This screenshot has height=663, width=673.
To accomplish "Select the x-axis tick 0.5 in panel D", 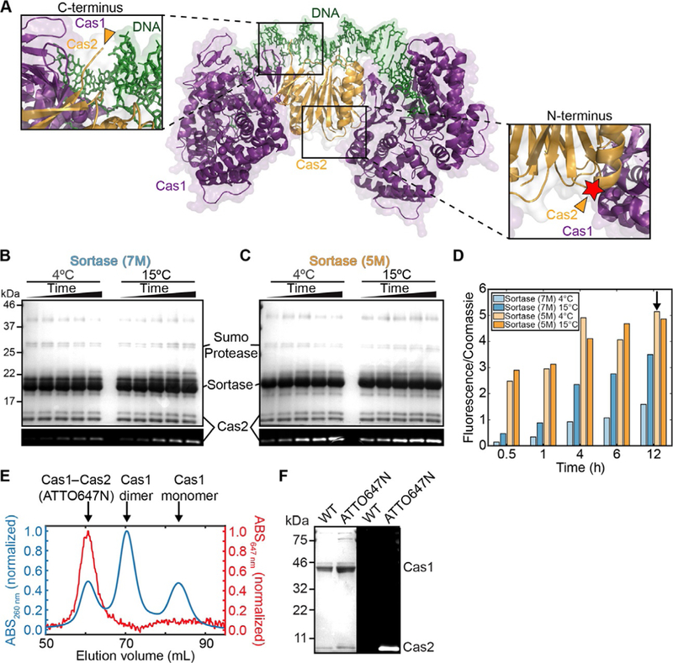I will coord(506,459).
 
